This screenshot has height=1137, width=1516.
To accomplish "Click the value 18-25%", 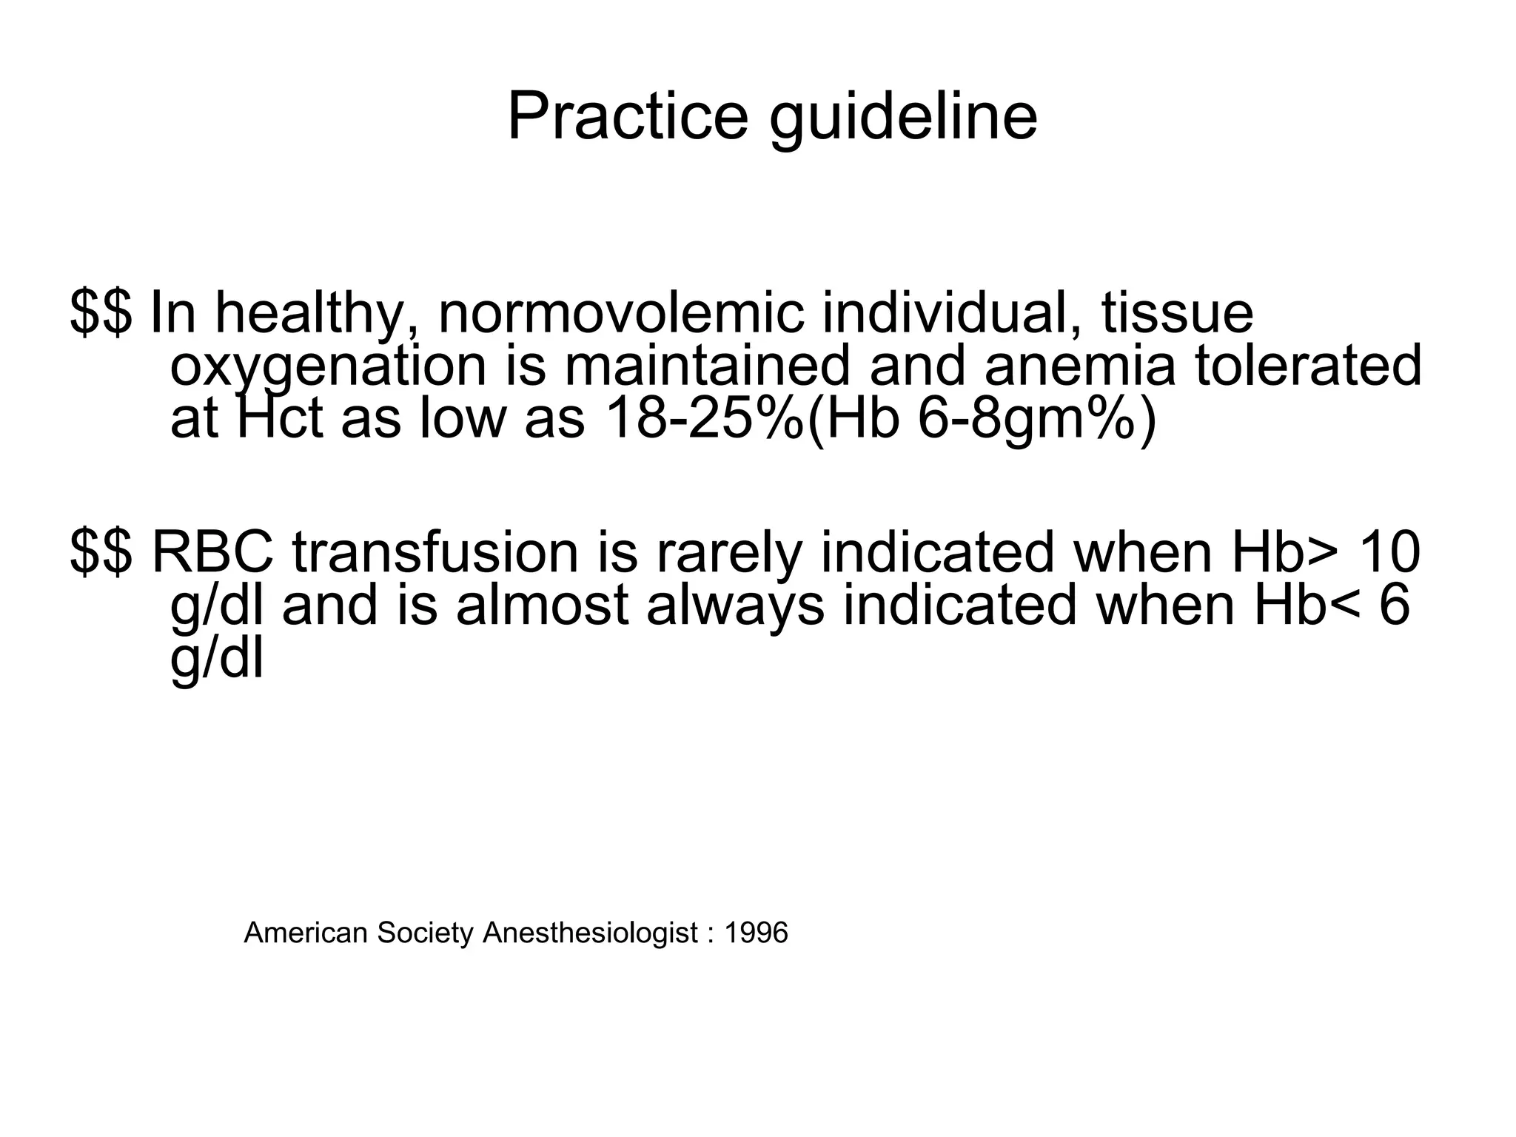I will click(703, 419).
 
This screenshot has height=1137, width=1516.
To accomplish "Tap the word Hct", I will click(280, 419).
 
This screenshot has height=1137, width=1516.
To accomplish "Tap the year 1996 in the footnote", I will click(756, 933).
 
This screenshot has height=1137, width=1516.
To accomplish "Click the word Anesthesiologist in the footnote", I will click(590, 933).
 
